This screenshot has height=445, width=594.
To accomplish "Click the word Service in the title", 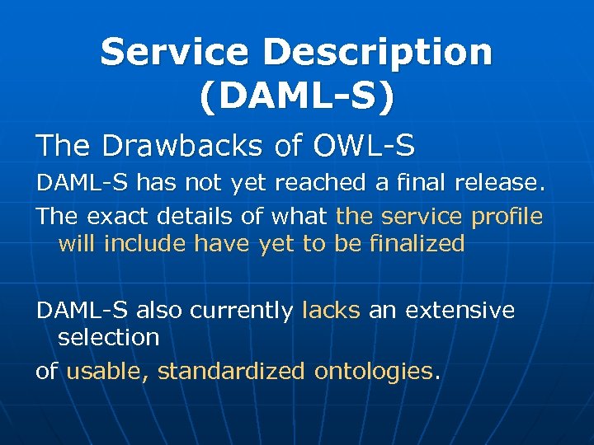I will [x=173, y=53].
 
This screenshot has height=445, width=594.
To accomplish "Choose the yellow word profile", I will [x=507, y=217].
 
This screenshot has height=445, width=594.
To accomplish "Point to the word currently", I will [x=242, y=311].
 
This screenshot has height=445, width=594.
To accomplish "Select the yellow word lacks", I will [x=332, y=311].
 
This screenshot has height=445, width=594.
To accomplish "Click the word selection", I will [x=108, y=338].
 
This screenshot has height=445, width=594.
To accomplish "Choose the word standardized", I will [x=231, y=372].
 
